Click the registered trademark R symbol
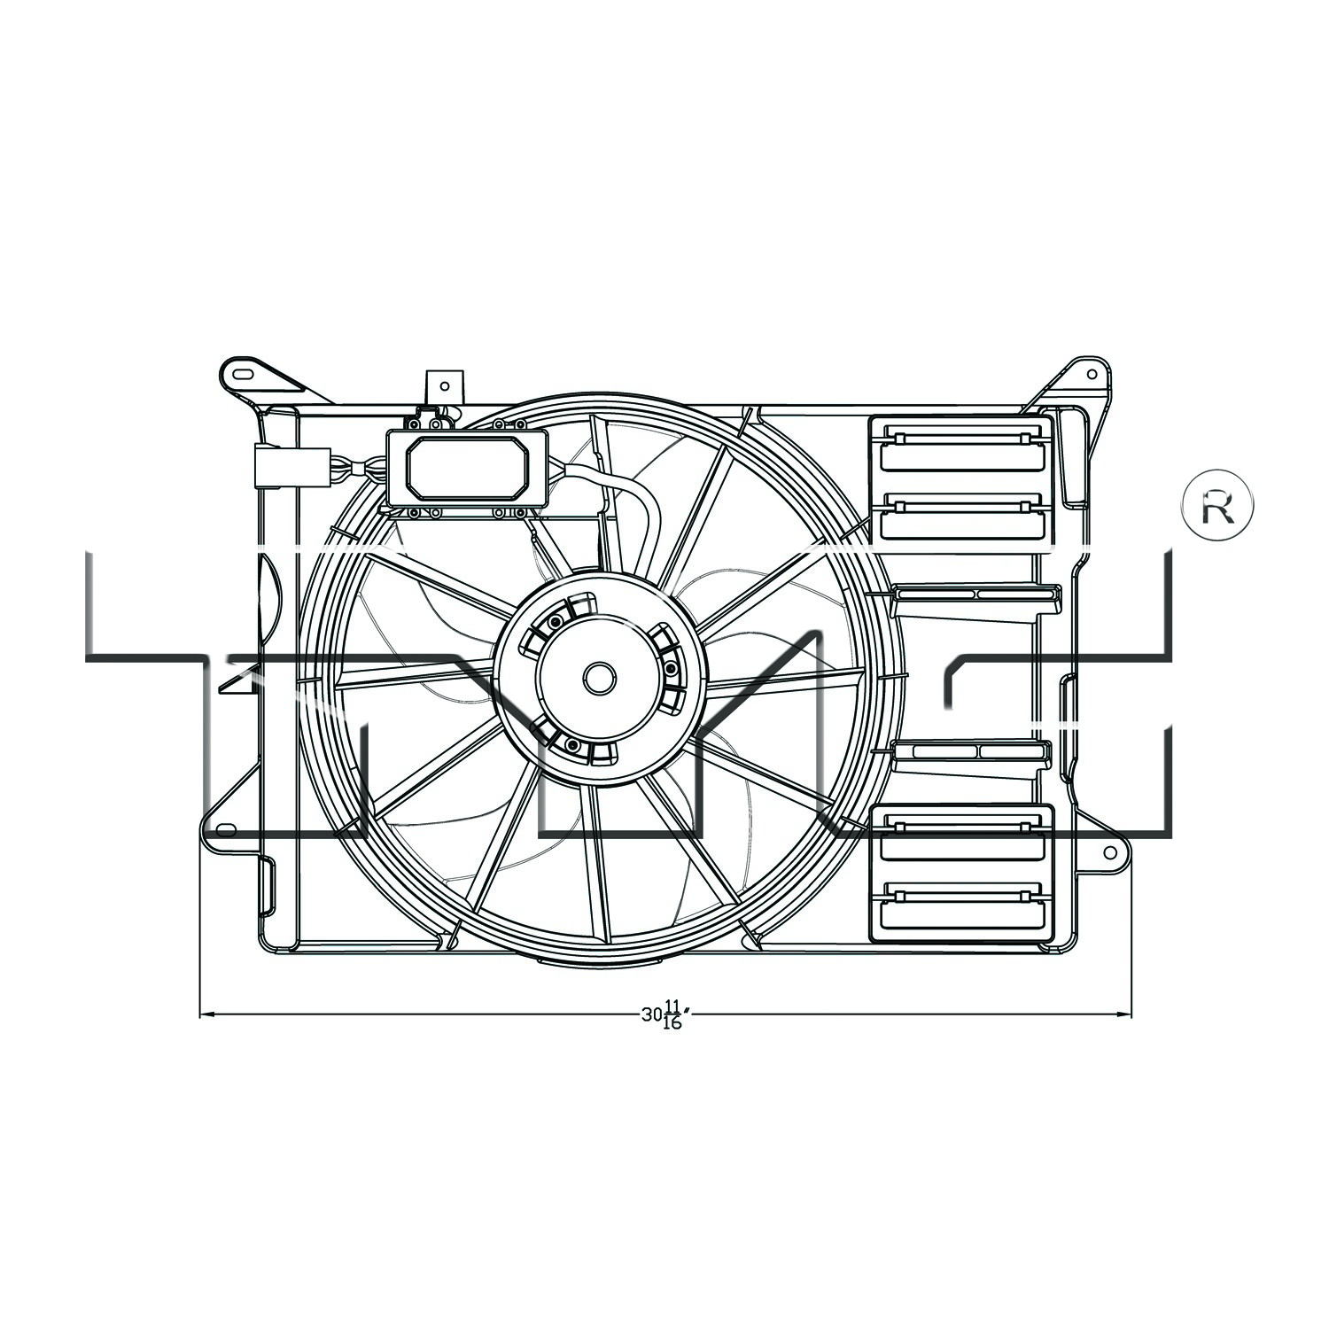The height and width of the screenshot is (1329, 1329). point(1217,506)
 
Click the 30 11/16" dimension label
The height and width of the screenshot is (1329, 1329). point(664,1014)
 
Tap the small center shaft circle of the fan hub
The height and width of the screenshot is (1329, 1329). point(599,679)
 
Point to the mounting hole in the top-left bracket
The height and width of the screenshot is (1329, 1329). point(240,373)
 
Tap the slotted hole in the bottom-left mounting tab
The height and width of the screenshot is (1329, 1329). point(227,830)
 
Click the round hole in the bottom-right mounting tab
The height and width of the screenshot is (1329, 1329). point(1109,852)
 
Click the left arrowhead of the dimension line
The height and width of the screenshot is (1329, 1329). point(207,1014)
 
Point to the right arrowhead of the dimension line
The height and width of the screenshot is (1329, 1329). point(1124,1014)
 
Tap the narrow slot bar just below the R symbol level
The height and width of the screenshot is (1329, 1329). point(975,594)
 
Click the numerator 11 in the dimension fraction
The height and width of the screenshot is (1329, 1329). point(672,1006)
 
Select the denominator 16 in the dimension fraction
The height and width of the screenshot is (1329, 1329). point(672,1023)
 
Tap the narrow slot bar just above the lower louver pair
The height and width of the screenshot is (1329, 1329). point(972,751)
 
